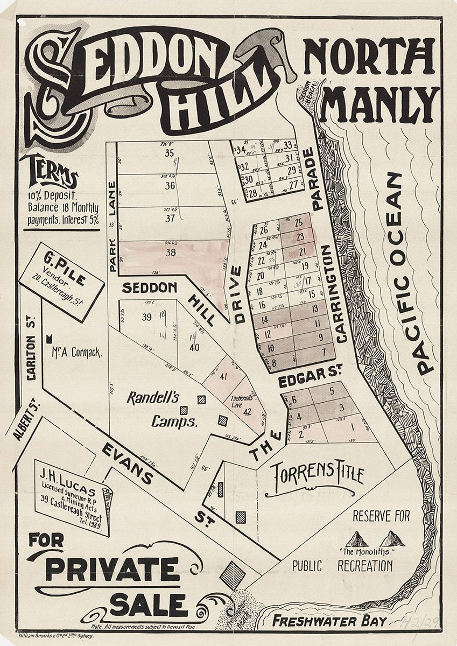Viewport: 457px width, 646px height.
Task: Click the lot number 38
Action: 171,252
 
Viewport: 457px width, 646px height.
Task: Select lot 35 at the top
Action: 170,153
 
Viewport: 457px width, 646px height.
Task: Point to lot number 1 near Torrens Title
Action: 353,428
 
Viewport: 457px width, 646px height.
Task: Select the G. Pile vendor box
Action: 62,282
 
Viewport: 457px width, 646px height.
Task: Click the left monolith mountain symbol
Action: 357,538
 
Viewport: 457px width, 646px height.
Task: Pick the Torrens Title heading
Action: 317,475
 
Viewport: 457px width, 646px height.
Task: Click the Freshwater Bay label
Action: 329,621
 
